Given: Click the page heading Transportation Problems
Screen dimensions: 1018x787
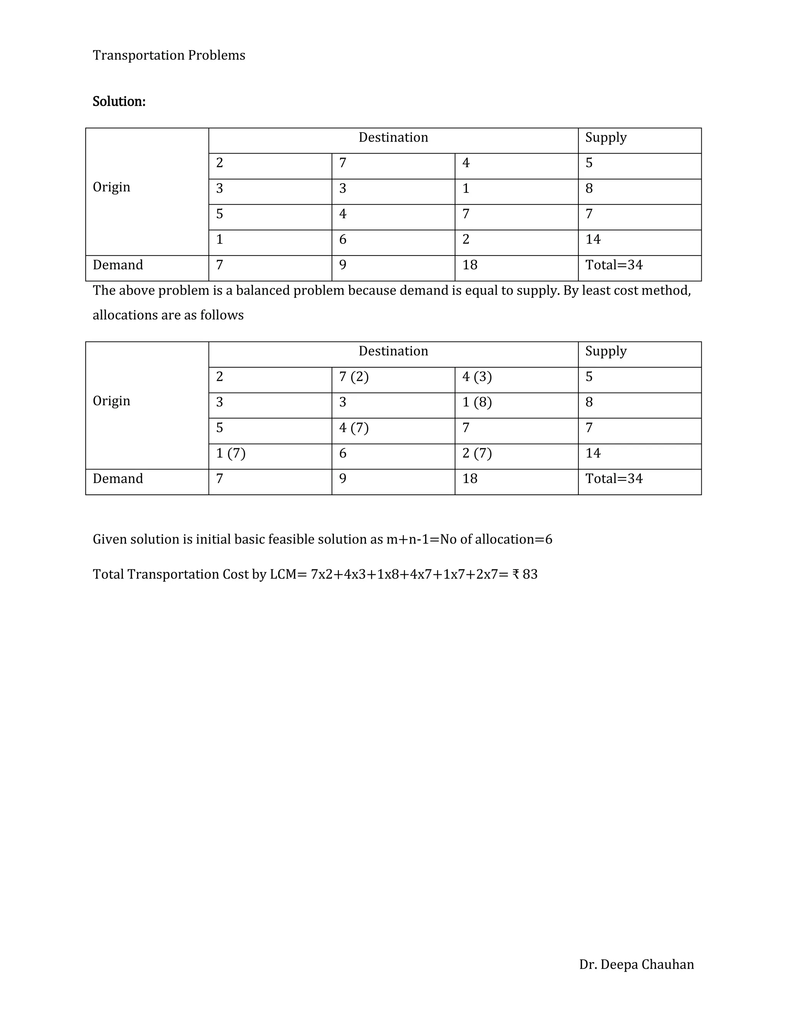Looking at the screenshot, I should click(169, 55).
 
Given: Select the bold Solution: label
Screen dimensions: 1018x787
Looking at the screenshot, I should click(119, 102).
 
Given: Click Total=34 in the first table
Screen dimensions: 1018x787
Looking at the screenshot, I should click(614, 265).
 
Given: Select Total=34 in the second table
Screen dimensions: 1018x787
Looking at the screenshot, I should click(614, 479).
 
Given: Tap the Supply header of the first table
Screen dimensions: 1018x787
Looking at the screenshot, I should click(606, 138).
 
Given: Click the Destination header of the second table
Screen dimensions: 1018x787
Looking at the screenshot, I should click(393, 351).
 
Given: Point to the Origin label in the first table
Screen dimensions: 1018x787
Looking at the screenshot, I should click(111, 187).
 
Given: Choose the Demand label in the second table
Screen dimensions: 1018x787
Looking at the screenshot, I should click(118, 479).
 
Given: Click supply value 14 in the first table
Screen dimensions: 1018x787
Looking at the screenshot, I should click(593, 240).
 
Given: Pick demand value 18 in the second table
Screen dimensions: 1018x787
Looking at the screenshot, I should click(470, 479).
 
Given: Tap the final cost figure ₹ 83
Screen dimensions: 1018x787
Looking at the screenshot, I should click(525, 574).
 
